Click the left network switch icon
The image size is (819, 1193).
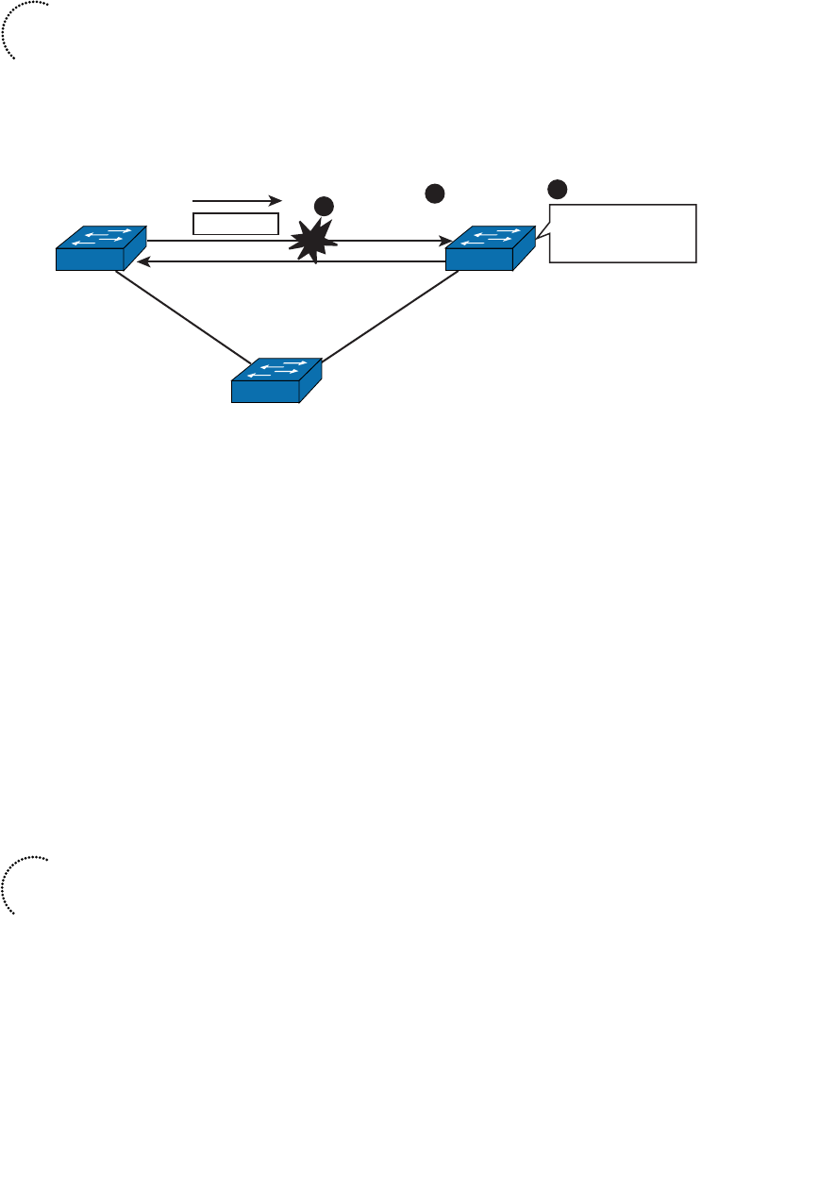[x=101, y=248]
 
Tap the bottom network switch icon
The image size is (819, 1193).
[x=276, y=380]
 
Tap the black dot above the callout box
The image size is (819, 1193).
[x=559, y=189]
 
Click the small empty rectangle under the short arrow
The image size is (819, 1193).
[x=237, y=224]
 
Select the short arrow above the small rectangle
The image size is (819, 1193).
[x=237, y=200]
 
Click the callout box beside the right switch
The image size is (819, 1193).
[x=624, y=232]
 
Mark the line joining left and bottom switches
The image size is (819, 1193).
[x=184, y=316]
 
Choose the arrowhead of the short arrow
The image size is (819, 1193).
[x=277, y=200]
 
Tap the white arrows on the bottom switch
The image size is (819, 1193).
[x=283, y=369]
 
